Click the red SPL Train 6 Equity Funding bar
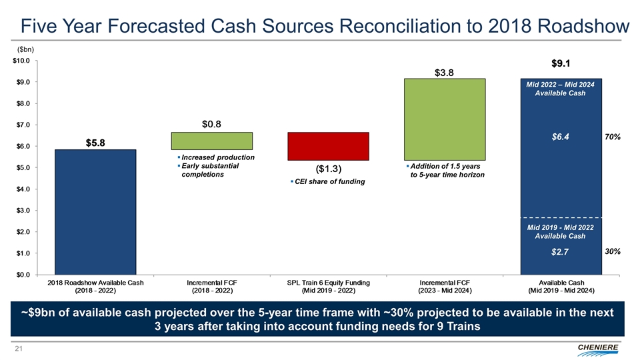pyautogui.click(x=328, y=147)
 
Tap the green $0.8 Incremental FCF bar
pyautogui.click(x=212, y=141)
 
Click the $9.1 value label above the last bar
pyautogui.click(x=561, y=64)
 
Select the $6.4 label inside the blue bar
pyautogui.click(x=561, y=137)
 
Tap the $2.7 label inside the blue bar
pyautogui.click(x=561, y=252)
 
